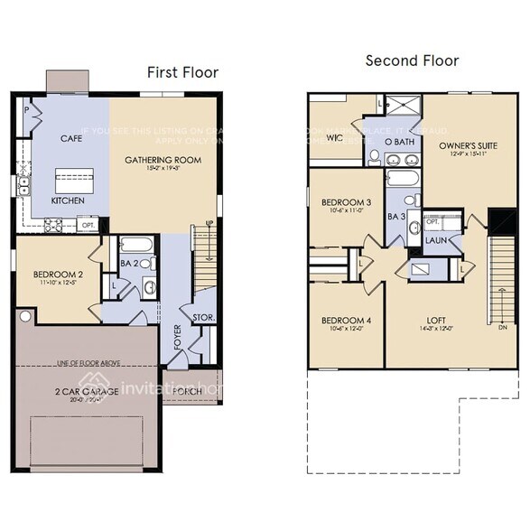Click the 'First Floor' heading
click(x=182, y=72)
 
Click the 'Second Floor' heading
click(x=412, y=61)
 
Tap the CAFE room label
click(x=71, y=139)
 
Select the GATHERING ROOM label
click(x=163, y=160)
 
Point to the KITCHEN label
click(x=68, y=200)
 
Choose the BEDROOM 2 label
click(x=58, y=275)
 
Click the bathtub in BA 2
click(x=137, y=246)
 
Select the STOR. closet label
click(x=203, y=317)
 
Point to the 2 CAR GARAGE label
click(x=85, y=392)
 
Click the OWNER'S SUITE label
click(x=468, y=145)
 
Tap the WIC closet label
click(x=333, y=138)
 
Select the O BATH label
click(x=399, y=142)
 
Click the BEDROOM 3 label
click(x=346, y=202)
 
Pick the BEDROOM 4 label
click(x=346, y=320)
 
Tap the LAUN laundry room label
click(x=436, y=241)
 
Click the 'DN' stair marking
click(x=502, y=328)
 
